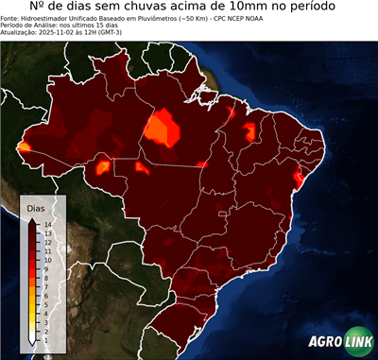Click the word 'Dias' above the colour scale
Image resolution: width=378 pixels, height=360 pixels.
point(36,207)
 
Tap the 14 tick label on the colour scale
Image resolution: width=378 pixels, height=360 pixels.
point(46,225)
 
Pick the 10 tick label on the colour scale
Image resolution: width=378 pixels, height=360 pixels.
point(46,257)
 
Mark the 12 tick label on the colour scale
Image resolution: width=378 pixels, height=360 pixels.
point(46,241)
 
